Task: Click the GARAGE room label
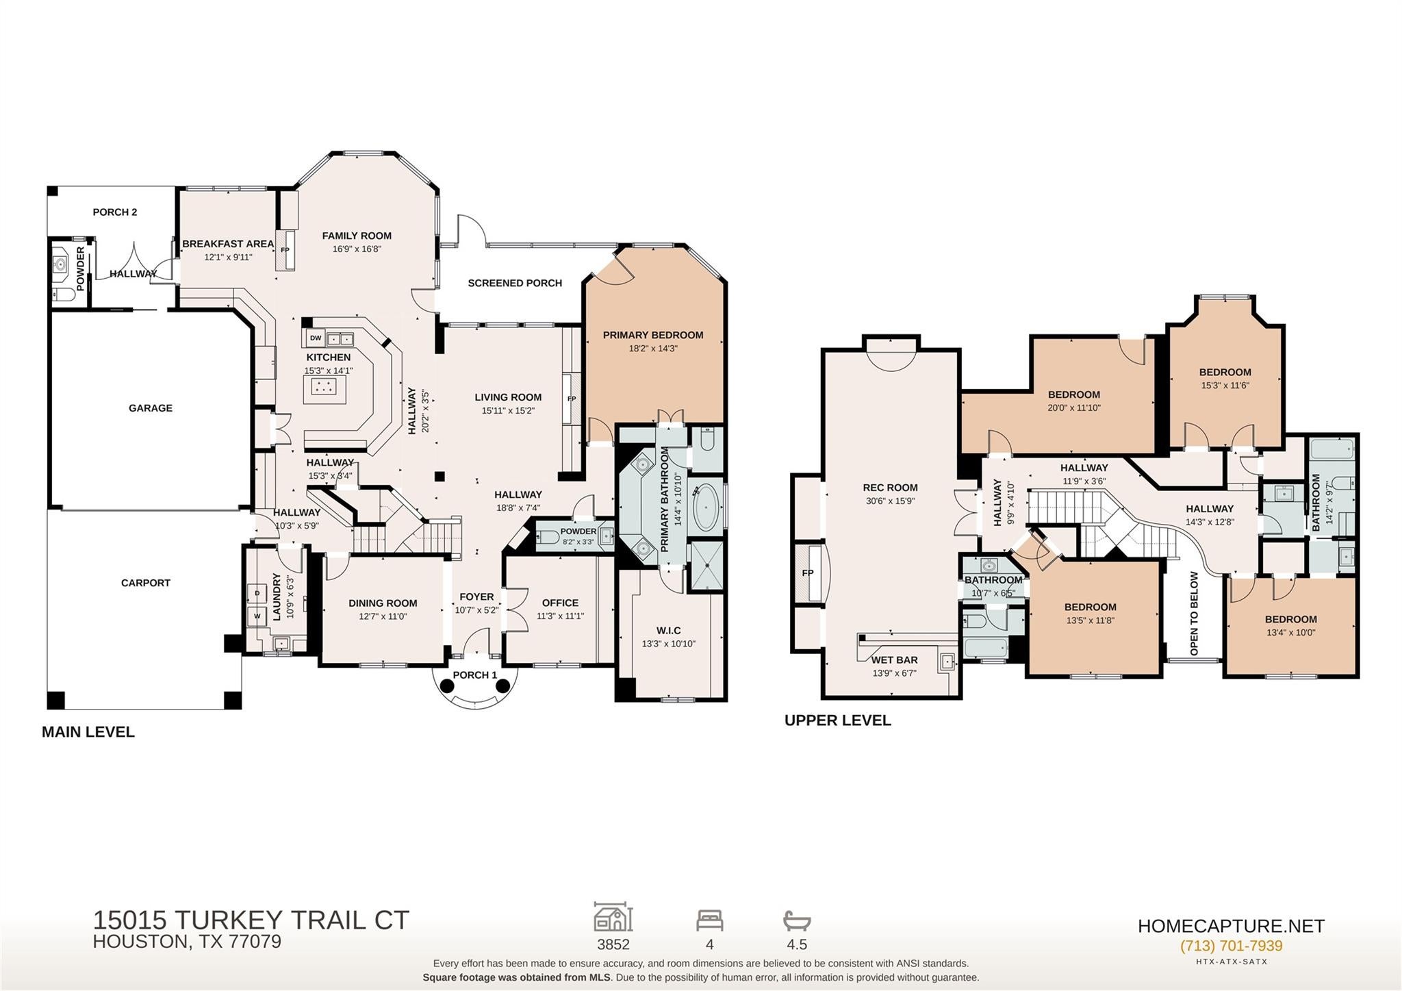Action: tap(151, 408)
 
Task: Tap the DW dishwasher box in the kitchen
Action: tap(316, 338)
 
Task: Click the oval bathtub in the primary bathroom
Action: tap(706, 508)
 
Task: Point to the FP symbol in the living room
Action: tap(572, 399)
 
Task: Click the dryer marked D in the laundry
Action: tap(257, 592)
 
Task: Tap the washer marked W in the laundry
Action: tap(257, 616)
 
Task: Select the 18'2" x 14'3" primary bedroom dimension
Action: tap(653, 349)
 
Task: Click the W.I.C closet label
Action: tap(669, 631)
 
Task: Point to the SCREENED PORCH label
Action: tap(515, 283)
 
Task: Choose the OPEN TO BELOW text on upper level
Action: tap(1194, 613)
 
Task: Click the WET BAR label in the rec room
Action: tap(894, 660)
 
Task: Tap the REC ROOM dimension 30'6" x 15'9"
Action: tap(890, 501)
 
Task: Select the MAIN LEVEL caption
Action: tap(88, 732)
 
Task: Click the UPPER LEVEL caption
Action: tap(838, 720)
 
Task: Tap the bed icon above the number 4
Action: tap(710, 920)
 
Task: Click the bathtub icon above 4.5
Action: tap(797, 920)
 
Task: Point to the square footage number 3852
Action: tap(613, 944)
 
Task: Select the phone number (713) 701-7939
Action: tap(1231, 946)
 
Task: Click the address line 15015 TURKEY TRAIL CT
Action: tap(251, 920)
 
